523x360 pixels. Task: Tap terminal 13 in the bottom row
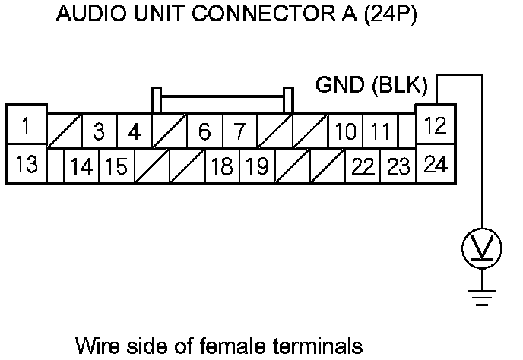(x=27, y=163)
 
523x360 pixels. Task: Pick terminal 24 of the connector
(x=435, y=163)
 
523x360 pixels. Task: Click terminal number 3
(x=99, y=131)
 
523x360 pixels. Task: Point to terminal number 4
(x=134, y=131)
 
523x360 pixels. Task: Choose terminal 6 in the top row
(x=204, y=131)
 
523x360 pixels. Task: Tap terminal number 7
(x=239, y=131)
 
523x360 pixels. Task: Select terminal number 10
(x=344, y=131)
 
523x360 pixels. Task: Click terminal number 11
(x=379, y=131)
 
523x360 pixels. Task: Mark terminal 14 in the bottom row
(x=81, y=166)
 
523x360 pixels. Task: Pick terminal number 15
(x=116, y=166)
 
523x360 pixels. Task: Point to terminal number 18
(x=221, y=166)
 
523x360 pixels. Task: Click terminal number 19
(x=256, y=166)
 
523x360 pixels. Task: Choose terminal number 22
(x=362, y=166)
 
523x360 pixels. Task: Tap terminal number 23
(x=397, y=166)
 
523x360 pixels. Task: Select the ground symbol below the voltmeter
(x=482, y=298)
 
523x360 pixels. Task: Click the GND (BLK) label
(x=372, y=86)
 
